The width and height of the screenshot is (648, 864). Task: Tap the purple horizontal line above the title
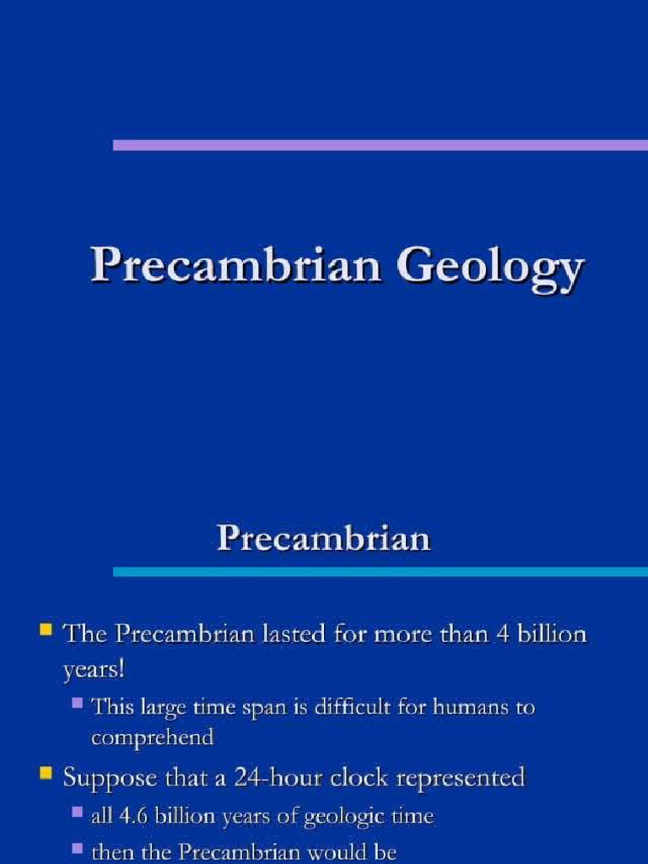tap(380, 145)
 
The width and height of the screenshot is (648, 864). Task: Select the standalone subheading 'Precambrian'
tap(324, 537)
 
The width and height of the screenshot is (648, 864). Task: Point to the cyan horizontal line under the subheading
tap(380, 571)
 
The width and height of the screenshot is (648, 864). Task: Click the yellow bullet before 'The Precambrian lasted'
tap(47, 629)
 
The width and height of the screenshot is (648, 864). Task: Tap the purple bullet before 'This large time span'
tap(77, 703)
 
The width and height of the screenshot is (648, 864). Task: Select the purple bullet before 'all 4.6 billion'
tap(77, 813)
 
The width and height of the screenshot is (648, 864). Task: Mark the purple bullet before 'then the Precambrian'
tap(77, 850)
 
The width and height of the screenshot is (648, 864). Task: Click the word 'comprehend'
tap(153, 738)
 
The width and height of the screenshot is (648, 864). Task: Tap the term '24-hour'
tap(248, 777)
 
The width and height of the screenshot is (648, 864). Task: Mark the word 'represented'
tap(455, 778)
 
